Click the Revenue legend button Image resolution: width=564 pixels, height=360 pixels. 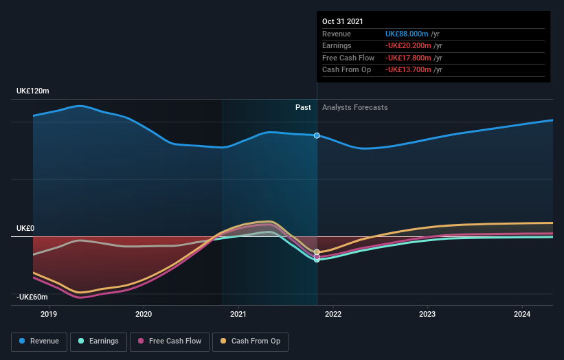[39, 341]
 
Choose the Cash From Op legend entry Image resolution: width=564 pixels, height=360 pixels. [250, 341]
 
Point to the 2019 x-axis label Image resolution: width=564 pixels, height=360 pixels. [49, 315]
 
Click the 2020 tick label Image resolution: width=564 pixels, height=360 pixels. [144, 315]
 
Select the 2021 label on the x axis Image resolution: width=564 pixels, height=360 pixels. [238, 315]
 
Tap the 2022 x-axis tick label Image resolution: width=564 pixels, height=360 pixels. [333, 315]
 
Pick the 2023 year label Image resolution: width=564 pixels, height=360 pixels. [427, 315]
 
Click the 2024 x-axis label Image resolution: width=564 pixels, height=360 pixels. [522, 315]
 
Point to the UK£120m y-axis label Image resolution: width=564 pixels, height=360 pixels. [33, 91]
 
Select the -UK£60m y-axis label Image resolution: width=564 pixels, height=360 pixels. [32, 297]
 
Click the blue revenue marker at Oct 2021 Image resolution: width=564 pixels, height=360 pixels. [317, 135]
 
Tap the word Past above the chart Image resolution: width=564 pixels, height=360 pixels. [303, 108]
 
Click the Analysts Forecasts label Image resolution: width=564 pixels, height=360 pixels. [354, 108]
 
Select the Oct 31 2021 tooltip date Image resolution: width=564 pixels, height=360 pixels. [343, 21]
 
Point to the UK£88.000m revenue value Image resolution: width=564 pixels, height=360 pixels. [407, 34]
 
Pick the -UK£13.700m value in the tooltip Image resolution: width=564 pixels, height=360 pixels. [408, 70]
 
